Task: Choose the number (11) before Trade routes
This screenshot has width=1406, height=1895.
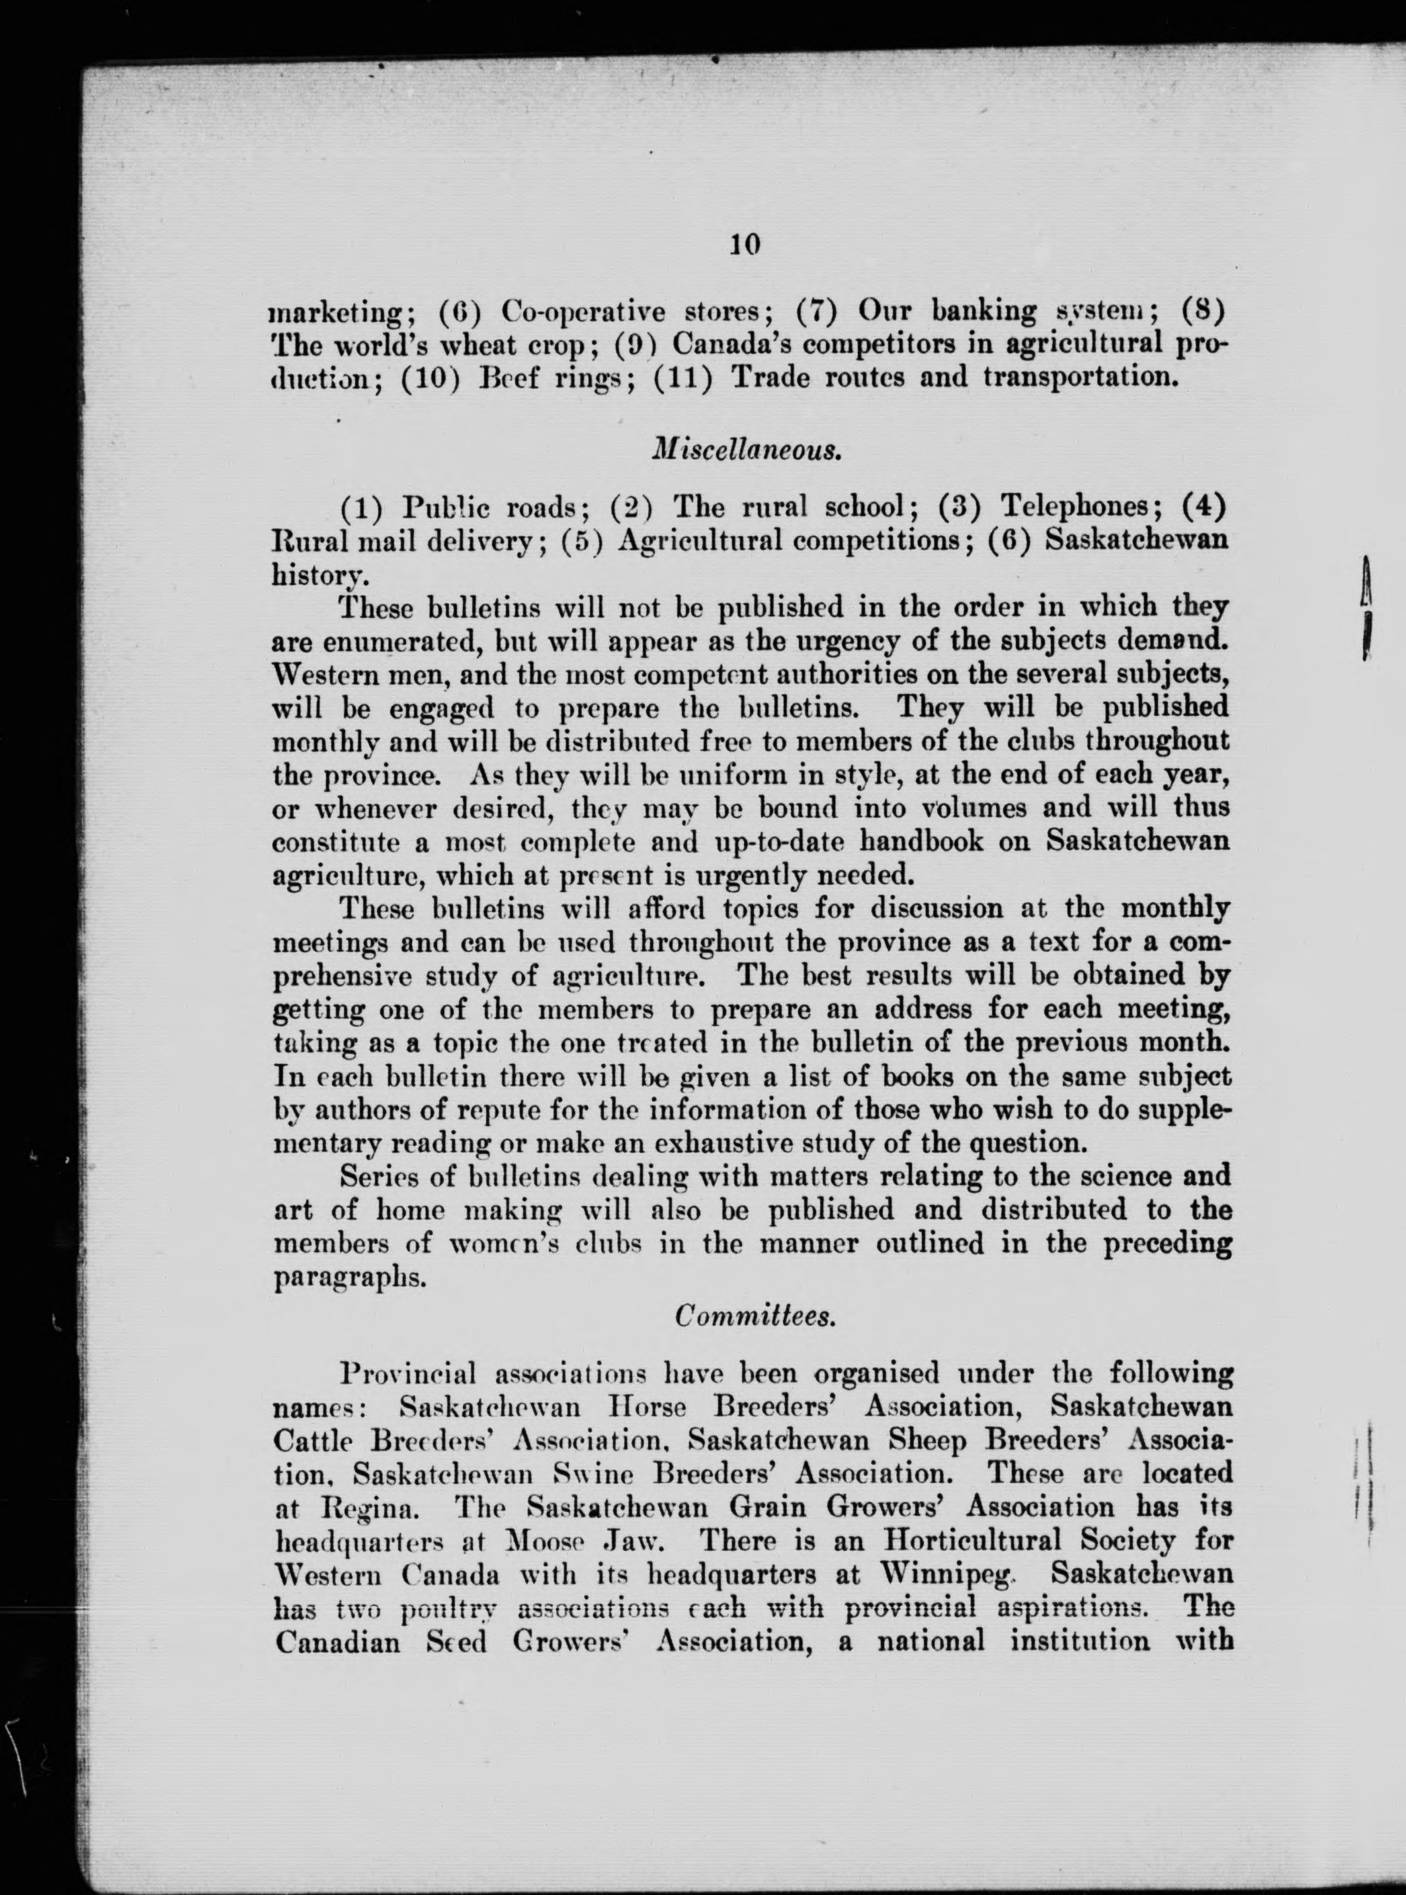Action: (x=682, y=376)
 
